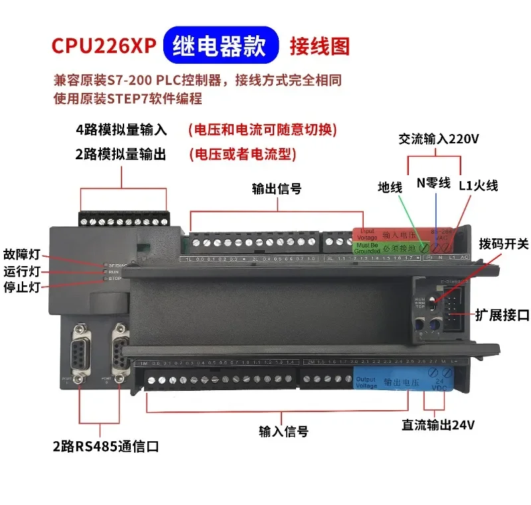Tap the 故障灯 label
22,254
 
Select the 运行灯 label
22,271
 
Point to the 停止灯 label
22,287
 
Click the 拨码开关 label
504,244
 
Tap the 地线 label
390,188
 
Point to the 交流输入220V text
439,139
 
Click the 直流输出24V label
439,425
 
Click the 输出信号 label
277,188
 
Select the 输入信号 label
283,431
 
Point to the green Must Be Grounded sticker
368,249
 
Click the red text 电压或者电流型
242,154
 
